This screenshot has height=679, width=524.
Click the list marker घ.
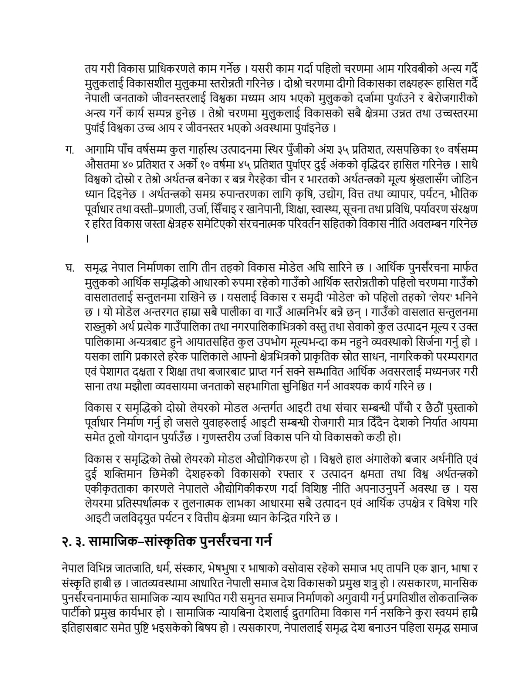click(69, 268)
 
